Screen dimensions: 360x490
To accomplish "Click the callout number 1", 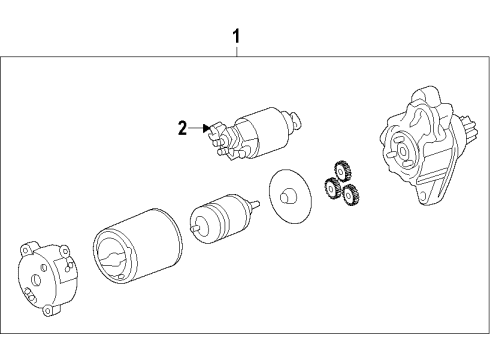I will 236,38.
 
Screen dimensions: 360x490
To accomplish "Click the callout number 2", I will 182,127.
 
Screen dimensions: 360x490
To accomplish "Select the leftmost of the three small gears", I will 329,186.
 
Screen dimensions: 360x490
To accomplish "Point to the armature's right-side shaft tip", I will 258,202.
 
